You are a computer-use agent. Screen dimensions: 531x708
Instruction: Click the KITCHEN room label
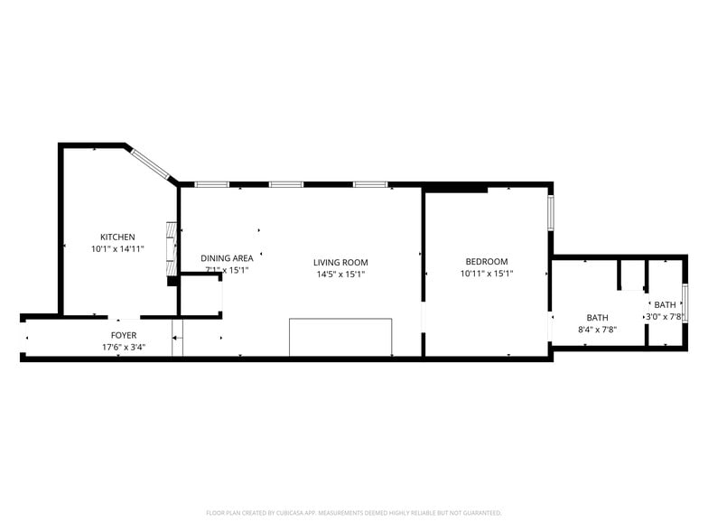coord(117,237)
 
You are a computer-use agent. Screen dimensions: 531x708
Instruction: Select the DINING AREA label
coord(227,258)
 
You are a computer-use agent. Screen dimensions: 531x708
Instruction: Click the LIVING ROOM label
coord(340,263)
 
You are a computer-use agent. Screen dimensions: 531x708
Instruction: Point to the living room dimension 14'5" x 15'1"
coord(340,275)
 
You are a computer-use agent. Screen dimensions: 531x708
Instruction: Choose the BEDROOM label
coord(487,262)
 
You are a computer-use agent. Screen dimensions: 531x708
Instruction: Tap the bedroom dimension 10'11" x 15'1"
coord(487,274)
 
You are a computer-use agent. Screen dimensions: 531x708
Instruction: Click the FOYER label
coord(124,335)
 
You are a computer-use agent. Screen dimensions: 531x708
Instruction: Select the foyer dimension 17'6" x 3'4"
coord(124,347)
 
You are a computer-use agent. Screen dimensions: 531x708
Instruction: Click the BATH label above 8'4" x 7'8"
coord(597,318)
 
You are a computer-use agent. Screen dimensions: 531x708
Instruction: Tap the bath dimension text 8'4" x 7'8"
coord(597,330)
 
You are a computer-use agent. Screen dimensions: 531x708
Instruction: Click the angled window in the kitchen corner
coord(151,163)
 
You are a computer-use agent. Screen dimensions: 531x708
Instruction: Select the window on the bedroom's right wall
coord(551,211)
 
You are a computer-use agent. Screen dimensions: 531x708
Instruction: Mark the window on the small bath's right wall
coord(685,303)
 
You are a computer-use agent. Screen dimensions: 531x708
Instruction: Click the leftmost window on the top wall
coord(211,184)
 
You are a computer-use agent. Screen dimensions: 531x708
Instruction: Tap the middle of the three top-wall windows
coord(285,184)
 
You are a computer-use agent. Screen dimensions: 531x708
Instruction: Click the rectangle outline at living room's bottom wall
coord(340,337)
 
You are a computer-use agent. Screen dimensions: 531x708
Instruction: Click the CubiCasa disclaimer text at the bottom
coord(353,512)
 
